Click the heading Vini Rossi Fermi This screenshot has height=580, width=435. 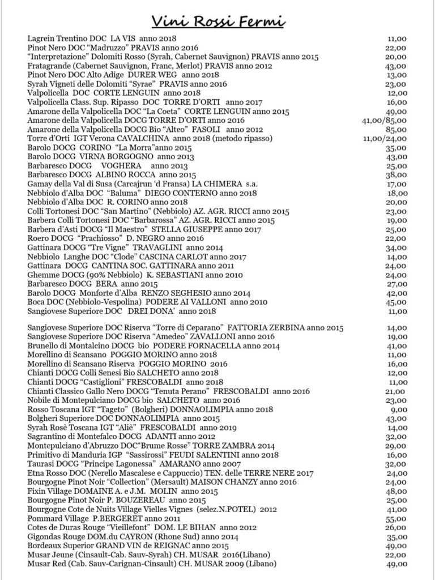pos(217,22)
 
